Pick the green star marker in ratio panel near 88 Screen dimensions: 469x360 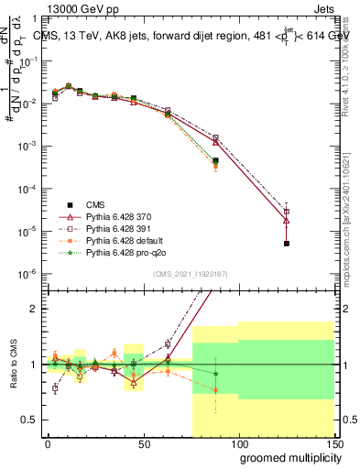click(x=215, y=374)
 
